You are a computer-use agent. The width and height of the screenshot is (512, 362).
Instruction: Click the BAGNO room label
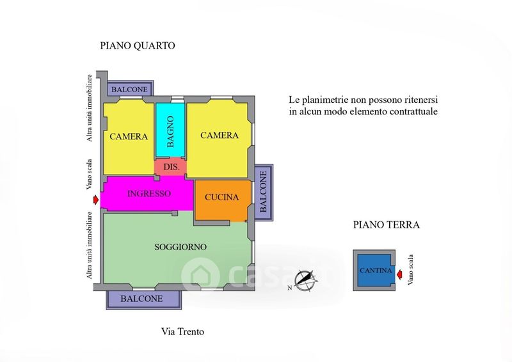click(170, 132)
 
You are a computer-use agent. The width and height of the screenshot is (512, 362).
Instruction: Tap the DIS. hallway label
click(172, 167)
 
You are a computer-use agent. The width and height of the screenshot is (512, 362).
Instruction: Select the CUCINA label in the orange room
click(221, 197)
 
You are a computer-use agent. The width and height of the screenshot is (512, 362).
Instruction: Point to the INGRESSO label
click(149, 194)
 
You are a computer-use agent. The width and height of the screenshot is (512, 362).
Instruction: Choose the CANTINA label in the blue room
click(376, 271)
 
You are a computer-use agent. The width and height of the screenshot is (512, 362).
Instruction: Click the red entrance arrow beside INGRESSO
click(95, 200)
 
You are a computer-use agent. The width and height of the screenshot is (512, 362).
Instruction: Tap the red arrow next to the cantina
click(399, 275)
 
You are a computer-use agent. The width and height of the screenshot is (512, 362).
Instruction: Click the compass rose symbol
click(306, 280)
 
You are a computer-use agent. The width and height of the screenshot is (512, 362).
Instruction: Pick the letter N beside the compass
click(290, 288)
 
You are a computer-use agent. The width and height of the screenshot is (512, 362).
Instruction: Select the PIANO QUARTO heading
click(138, 45)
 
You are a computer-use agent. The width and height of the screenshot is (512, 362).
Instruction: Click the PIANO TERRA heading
click(387, 225)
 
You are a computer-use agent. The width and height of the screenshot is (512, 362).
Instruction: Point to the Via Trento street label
click(182, 332)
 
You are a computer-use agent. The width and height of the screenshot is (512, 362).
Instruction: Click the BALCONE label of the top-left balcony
click(130, 90)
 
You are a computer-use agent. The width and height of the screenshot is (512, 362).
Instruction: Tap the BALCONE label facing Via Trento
click(141, 299)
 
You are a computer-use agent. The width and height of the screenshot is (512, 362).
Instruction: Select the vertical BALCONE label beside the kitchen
click(263, 192)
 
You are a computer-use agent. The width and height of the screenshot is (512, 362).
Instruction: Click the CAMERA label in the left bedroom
click(129, 136)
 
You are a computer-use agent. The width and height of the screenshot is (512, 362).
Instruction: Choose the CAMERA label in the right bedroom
click(220, 135)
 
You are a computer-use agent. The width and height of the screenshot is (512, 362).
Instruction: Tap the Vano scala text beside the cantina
click(410, 270)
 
